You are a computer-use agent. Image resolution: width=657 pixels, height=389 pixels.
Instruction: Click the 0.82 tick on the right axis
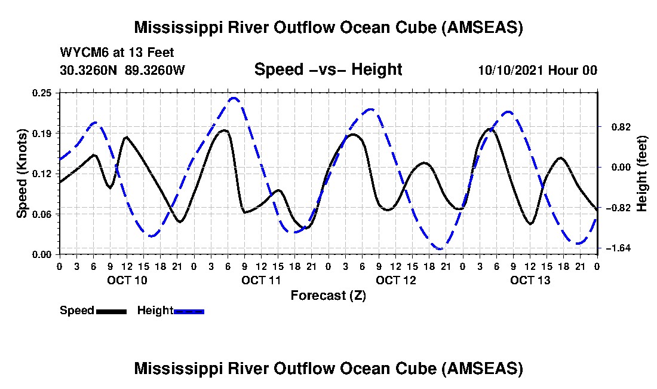621,127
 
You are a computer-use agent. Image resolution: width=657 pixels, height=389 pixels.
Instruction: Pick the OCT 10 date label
127,280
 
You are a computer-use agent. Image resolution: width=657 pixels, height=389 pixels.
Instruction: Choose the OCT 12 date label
396,280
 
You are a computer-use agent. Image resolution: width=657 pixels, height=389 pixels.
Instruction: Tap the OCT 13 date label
530,280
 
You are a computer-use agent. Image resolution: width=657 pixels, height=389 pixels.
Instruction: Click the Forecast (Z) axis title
328,296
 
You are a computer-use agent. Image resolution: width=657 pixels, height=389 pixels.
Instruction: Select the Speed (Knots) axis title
22,174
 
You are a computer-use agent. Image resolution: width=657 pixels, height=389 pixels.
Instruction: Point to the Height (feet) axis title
642,174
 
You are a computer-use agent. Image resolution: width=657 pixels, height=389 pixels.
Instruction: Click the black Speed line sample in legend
111,311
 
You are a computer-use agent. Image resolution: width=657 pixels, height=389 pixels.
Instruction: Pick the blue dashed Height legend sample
189,311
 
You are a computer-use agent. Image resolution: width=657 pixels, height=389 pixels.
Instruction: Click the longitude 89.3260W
155,69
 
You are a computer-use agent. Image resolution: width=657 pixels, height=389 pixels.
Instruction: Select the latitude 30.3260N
88,69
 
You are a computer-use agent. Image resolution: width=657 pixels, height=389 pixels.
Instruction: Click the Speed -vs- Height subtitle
328,69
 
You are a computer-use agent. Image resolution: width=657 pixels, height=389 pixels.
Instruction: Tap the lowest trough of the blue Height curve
441,249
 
